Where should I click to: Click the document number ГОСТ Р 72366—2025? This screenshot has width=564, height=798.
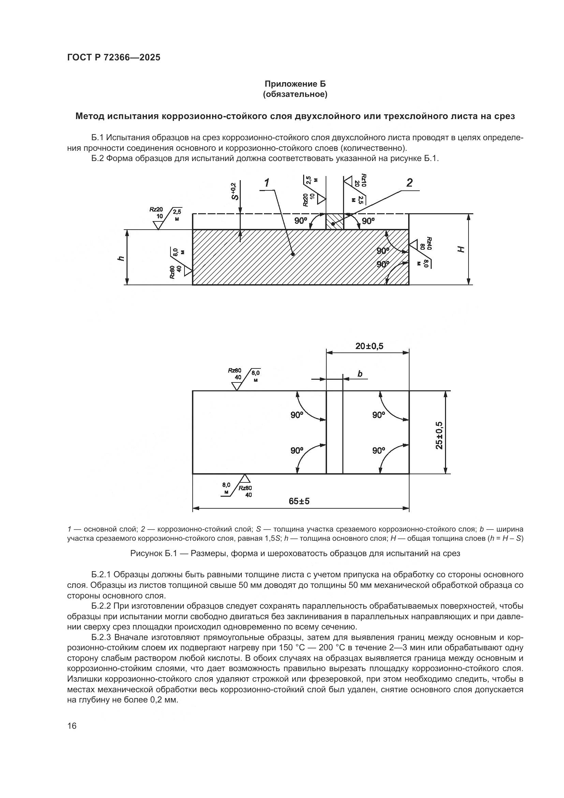114,58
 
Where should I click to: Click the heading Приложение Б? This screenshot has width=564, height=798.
295,84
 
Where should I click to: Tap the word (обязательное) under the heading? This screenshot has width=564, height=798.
295,94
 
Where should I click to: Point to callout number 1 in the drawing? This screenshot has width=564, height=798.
267,183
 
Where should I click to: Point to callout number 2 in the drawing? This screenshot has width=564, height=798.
410,183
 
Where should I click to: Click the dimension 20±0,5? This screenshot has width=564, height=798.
369,346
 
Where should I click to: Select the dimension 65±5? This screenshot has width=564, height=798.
299,501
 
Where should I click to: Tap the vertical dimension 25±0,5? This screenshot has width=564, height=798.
439,435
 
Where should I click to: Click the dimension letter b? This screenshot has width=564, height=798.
360,374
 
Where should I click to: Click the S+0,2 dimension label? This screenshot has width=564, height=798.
235,191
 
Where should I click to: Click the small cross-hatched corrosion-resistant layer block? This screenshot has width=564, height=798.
335,222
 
